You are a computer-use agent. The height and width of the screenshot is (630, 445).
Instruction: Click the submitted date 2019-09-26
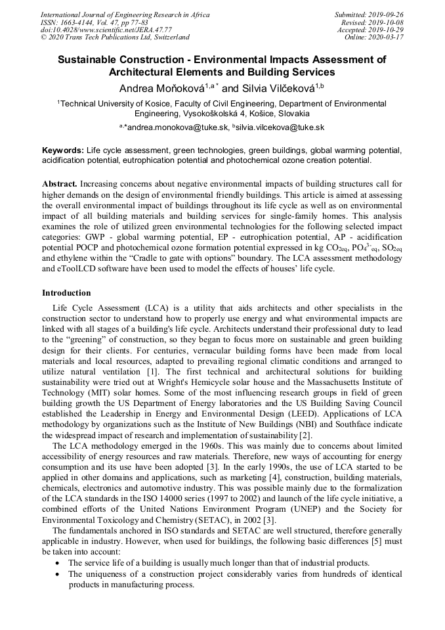388,14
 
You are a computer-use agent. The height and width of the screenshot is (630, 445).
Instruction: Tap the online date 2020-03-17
389,37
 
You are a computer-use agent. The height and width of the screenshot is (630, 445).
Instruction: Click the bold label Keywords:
63,150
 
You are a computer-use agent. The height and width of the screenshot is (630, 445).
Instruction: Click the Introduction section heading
66,292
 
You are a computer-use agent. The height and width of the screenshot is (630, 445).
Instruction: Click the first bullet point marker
59,563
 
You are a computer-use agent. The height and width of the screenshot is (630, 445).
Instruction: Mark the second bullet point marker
59,574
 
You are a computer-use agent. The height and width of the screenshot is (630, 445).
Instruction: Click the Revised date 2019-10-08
388,22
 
